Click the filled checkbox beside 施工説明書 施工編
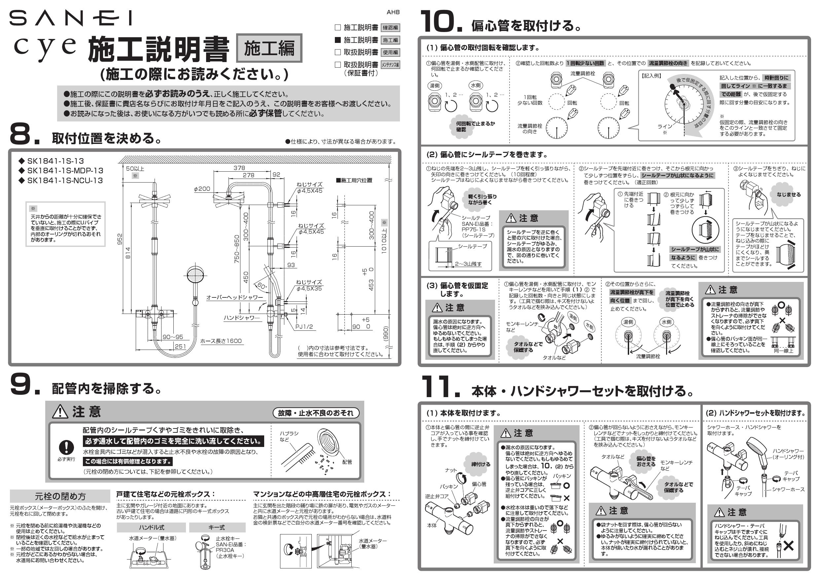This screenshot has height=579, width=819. [x=338, y=40]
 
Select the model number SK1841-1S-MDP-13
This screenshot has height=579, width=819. [x=65, y=171]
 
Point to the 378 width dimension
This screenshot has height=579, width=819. [x=239, y=168]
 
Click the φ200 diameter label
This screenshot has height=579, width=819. [x=202, y=188]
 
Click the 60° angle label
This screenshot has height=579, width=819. [x=262, y=286]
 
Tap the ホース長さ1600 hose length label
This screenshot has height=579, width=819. [x=221, y=341]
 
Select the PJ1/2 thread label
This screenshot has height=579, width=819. [x=304, y=326]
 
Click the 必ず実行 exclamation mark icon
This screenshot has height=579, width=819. [x=66, y=447]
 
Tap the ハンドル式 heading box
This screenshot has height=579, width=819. [x=151, y=527]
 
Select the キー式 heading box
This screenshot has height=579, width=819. [x=217, y=527]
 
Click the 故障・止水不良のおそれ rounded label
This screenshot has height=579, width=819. [x=316, y=413]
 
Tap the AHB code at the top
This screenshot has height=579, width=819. [x=393, y=12]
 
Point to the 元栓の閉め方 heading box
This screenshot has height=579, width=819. [x=60, y=496]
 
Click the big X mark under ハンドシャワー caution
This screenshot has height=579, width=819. [x=788, y=545]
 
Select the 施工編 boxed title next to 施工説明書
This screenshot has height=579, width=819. [x=269, y=48]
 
